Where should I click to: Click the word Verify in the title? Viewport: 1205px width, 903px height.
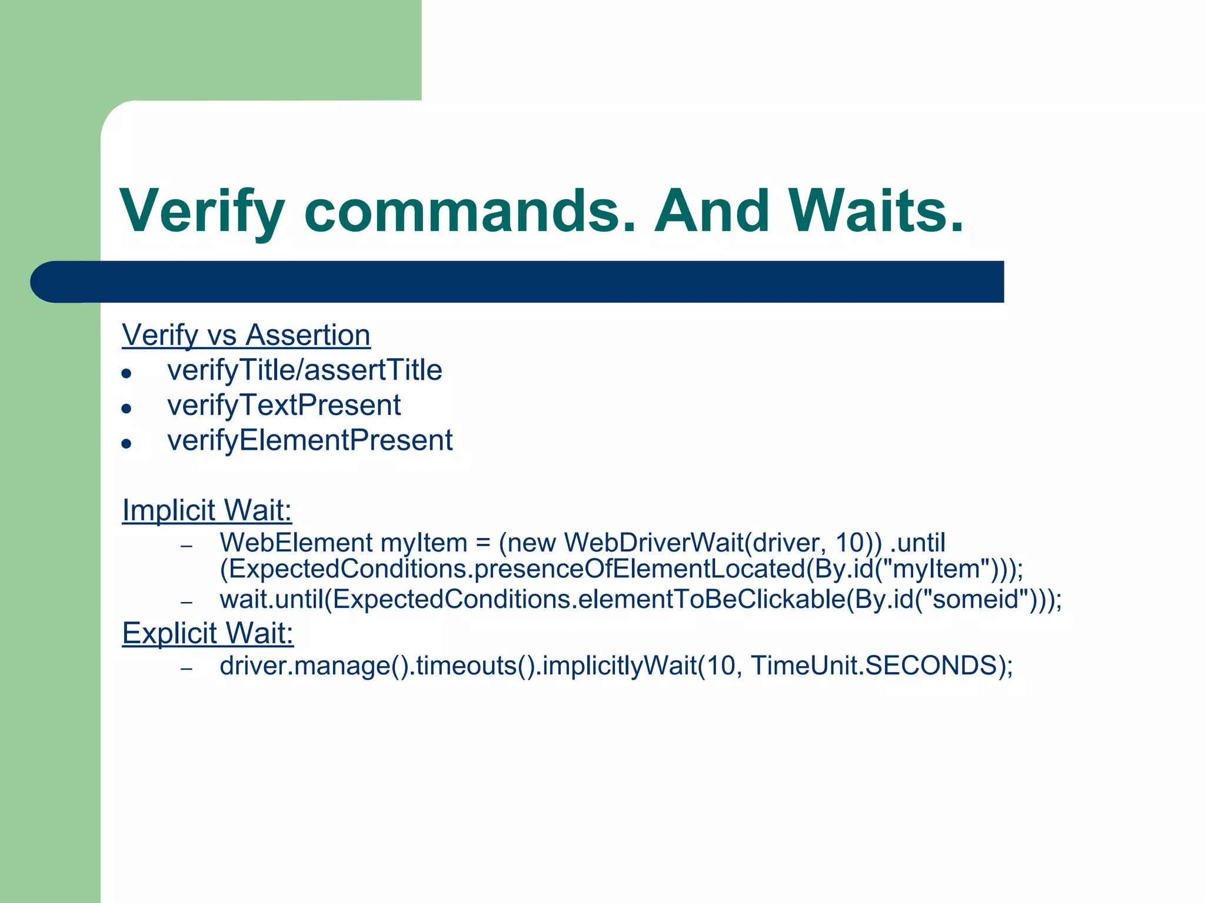click(x=203, y=212)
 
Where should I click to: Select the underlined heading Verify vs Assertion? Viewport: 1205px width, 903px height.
click(x=246, y=335)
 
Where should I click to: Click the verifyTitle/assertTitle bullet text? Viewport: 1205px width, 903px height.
click(x=304, y=370)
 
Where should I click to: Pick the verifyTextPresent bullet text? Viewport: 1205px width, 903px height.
click(x=284, y=406)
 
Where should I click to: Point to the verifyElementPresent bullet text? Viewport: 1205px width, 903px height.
click(x=309, y=441)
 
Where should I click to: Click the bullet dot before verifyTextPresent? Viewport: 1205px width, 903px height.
click(x=126, y=408)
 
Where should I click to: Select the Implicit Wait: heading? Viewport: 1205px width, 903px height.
click(x=207, y=510)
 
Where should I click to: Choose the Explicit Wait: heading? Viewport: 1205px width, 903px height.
click(x=208, y=633)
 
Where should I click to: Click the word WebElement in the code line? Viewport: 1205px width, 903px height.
click(x=296, y=543)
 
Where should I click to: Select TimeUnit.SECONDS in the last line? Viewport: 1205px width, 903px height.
click(x=873, y=666)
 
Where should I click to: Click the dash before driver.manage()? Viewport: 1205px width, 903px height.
click(x=187, y=668)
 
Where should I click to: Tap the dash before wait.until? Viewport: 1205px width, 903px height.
click(x=187, y=603)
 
